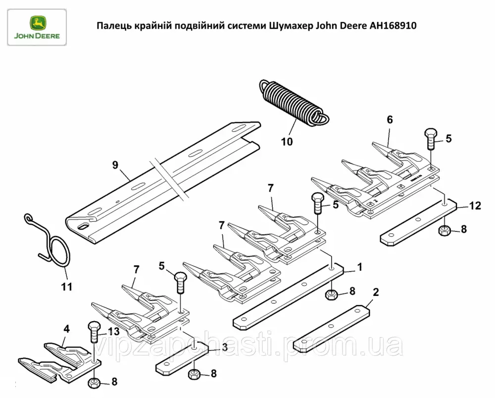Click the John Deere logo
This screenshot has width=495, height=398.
tap(37, 27)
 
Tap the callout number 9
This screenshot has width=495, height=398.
tap(115, 165)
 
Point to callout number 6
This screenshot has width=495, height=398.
tap(390, 119)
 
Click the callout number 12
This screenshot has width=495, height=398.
tap(475, 206)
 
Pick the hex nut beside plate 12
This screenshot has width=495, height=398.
tap(445, 230)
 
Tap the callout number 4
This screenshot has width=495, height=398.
tap(66, 329)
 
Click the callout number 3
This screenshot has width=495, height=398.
tap(224, 347)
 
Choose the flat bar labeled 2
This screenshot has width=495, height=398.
tap(332, 328)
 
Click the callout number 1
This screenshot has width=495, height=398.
tap(359, 267)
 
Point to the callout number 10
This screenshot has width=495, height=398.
tap(287, 142)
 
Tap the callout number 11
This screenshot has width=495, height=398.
tap(67, 286)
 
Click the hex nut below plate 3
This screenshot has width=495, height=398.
tap(195, 375)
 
